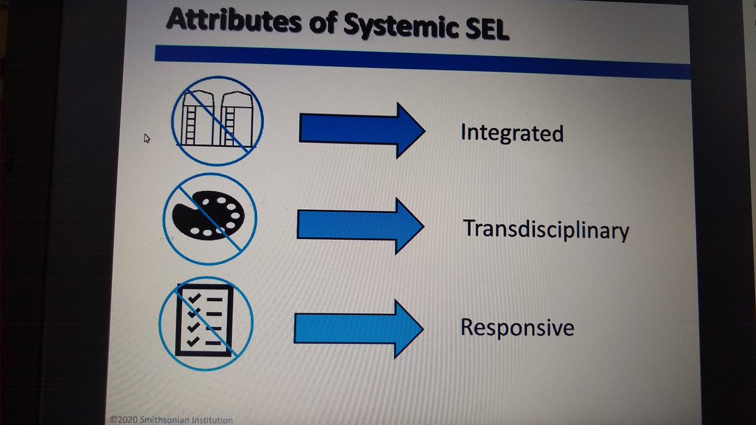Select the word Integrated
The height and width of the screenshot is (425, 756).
coord(512,133)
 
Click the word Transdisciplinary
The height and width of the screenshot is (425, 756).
coord(546,230)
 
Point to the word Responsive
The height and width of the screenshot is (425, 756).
coord(517,328)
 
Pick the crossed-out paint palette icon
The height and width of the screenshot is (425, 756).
coord(214,217)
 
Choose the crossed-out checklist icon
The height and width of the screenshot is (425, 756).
coord(205,320)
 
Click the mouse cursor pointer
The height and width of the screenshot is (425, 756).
coord(147,138)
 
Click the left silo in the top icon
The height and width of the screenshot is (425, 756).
coord(196,120)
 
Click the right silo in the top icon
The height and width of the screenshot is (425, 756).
coord(234,120)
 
